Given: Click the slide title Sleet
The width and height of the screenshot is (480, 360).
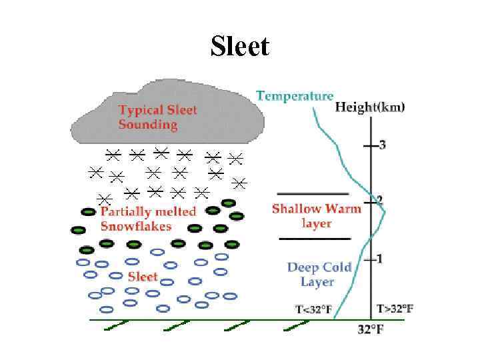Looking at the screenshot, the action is click(x=240, y=47).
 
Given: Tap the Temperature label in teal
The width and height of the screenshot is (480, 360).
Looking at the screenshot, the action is click(x=295, y=96).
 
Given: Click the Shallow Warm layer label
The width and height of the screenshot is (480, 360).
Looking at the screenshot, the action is click(x=316, y=215).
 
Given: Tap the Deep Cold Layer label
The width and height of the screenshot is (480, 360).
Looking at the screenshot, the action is click(x=318, y=275).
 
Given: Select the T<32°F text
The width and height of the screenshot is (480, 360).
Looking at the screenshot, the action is click(x=313, y=309).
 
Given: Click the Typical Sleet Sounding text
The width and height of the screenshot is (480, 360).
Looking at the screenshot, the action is click(x=157, y=117).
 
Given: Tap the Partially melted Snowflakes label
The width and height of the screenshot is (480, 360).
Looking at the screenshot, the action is click(x=148, y=219).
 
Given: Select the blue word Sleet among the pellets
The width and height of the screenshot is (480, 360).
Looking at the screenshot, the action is click(x=143, y=276).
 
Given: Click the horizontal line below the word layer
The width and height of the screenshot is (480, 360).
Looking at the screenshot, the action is click(x=315, y=238).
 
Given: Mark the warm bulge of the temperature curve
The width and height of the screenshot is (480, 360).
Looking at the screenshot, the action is click(x=384, y=212).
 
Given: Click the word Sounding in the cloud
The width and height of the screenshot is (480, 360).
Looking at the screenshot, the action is click(x=148, y=124).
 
